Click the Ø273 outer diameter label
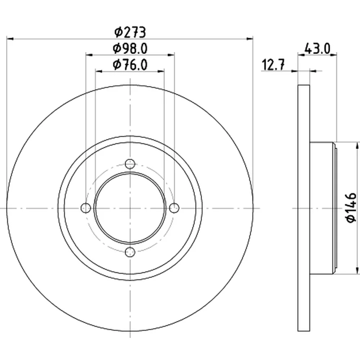(130, 32)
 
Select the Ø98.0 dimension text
(130, 49)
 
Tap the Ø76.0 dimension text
(130, 65)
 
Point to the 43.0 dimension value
(317, 49)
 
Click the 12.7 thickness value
(273, 65)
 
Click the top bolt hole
(130, 164)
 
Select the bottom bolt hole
(130, 252)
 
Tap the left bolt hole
(86, 208)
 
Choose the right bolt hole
(174, 208)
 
